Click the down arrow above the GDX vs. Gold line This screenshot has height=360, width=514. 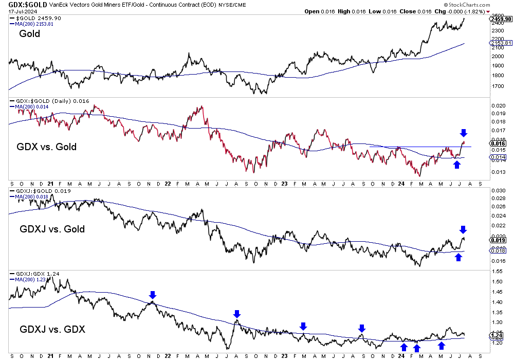click(x=463, y=133)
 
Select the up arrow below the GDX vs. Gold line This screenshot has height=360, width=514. click(x=456, y=164)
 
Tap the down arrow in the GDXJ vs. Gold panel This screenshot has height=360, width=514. click(x=463, y=229)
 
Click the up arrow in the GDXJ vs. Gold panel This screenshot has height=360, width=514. click(x=458, y=257)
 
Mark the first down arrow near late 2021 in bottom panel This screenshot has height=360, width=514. click(x=152, y=295)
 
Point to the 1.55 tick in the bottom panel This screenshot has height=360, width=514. click(x=497, y=282)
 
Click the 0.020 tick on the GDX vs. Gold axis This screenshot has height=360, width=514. click(x=498, y=105)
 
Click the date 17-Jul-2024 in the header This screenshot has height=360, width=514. click(x=22, y=11)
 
